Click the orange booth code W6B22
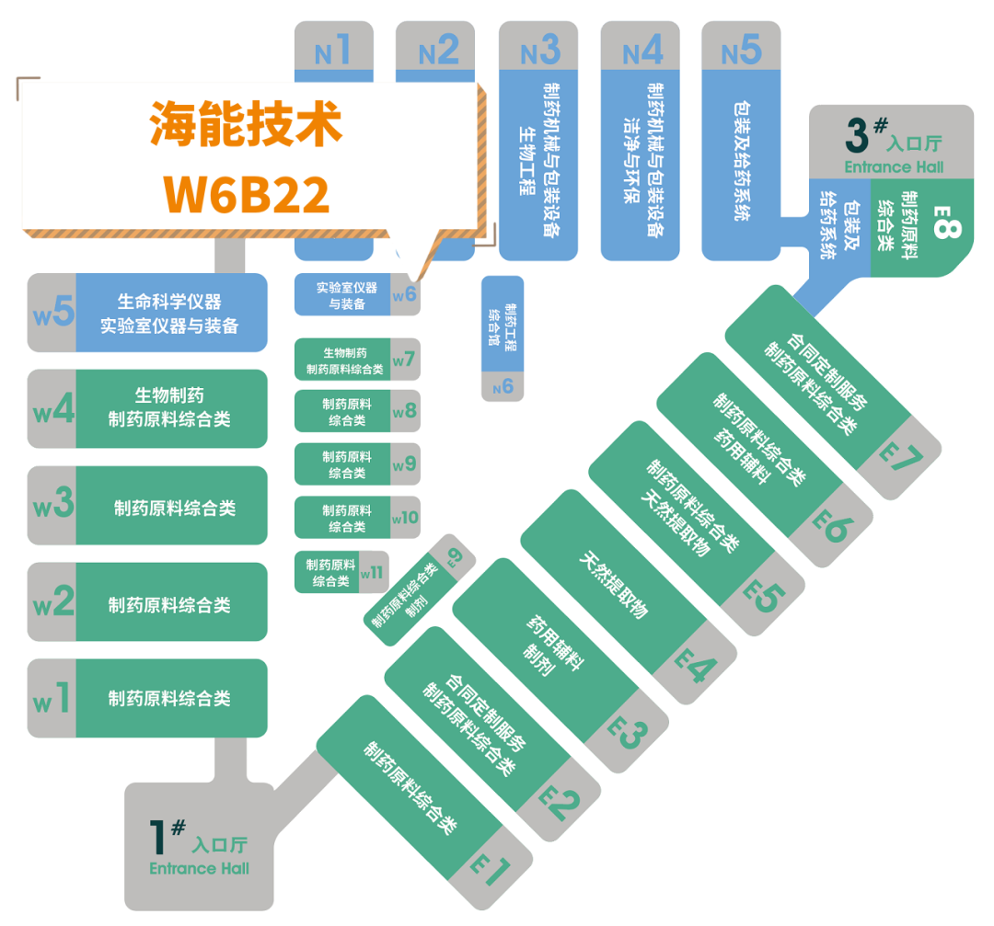tap(246, 191)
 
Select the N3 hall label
tap(540, 51)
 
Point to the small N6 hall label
tap(503, 387)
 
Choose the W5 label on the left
tap(53, 313)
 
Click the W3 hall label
tap(53, 506)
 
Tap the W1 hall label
tap(52, 699)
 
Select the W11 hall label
tap(373, 572)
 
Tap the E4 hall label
tap(694, 664)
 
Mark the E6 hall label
tap(831, 527)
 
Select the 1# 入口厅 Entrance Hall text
tap(199, 846)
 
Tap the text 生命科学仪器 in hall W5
tap(169, 301)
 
